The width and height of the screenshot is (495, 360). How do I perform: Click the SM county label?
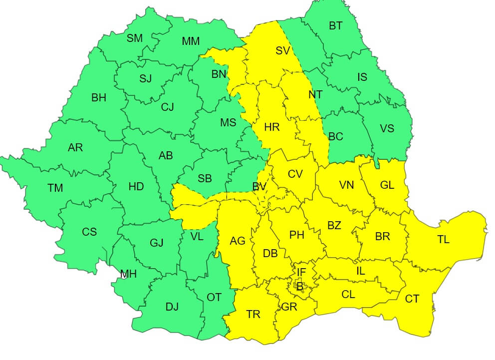[134, 38]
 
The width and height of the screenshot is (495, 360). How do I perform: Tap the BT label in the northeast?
[335, 25]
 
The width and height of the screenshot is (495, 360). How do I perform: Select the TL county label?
[443, 240]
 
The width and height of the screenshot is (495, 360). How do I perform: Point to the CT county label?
[412, 299]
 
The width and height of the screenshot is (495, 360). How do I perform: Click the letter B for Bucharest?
[299, 287]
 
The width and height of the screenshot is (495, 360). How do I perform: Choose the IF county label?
[301, 272]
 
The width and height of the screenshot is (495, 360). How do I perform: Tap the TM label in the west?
[55, 188]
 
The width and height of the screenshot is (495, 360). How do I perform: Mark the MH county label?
[128, 274]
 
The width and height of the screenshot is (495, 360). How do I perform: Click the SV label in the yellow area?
[282, 50]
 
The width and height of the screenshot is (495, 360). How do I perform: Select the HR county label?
[272, 127]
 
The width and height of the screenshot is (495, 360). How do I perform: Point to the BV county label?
[259, 187]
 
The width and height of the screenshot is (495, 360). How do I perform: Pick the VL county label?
[197, 237]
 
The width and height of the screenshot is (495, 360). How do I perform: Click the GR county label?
[289, 307]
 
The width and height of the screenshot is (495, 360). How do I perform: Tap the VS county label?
[387, 128]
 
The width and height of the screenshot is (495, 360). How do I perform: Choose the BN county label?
[219, 74]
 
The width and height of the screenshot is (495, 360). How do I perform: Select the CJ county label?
[168, 107]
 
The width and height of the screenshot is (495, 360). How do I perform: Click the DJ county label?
[172, 307]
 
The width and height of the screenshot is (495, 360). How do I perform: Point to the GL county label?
[387, 185]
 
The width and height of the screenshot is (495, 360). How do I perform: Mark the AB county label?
[166, 156]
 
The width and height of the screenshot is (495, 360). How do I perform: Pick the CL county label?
[348, 294]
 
